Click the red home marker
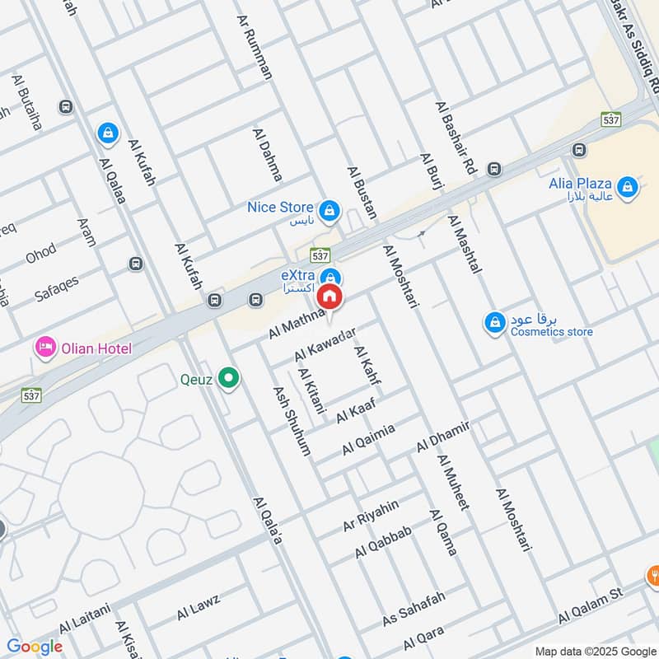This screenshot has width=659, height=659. point(330,297)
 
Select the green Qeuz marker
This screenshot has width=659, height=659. point(230,380)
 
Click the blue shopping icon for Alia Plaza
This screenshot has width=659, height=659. point(629,186)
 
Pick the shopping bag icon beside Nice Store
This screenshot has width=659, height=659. point(329,210)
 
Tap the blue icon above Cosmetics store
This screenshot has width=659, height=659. point(494,322)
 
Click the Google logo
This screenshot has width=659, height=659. point(35,647)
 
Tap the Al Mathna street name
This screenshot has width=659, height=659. point(297,322)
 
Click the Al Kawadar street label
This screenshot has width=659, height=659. point(325,344)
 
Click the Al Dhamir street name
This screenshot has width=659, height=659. point(443,436)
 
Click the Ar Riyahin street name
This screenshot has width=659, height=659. point(371,516)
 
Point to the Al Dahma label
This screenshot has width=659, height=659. point(269,155)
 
